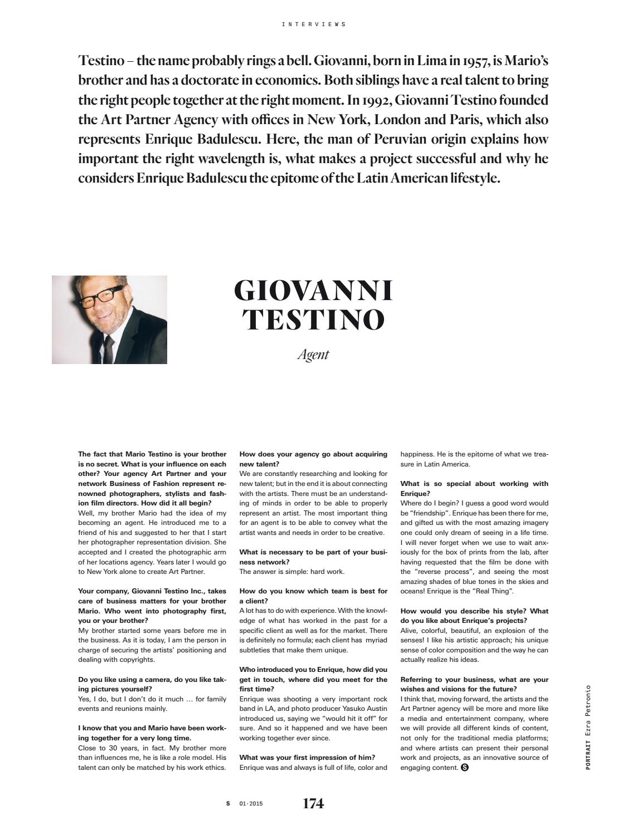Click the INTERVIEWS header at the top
pos(314,24)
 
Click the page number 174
pos(313,803)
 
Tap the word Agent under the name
pos(313,355)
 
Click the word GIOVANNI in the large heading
pos(313,291)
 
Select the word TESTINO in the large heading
pos(313,320)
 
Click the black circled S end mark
pos(465,768)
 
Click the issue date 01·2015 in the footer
pos(251,804)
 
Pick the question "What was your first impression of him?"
pos(307,758)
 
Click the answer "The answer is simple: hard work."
pos(291,572)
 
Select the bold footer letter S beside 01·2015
pos(227,804)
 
